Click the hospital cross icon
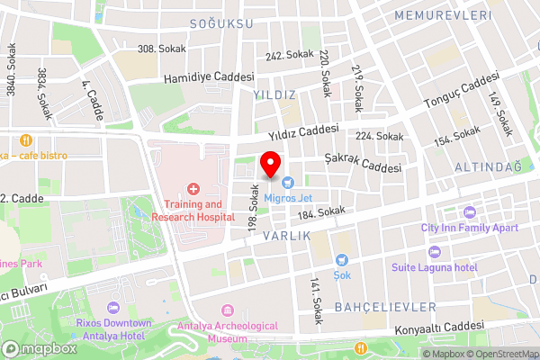click(x=192, y=188)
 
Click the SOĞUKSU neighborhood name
click(x=221, y=23)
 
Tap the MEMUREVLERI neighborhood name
click(x=443, y=16)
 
